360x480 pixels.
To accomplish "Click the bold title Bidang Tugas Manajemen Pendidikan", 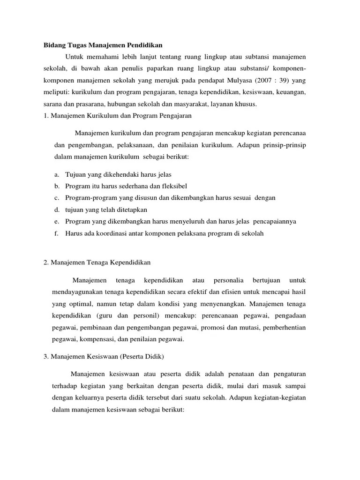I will point(103,45).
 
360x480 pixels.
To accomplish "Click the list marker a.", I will point(56,174).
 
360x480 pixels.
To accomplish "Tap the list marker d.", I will point(56,210).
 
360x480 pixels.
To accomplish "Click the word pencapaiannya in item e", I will point(274,221).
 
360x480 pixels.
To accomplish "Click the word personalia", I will point(228,280).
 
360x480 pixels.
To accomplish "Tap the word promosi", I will point(212,327).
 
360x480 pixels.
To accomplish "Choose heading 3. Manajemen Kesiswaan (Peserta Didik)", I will point(103,357).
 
